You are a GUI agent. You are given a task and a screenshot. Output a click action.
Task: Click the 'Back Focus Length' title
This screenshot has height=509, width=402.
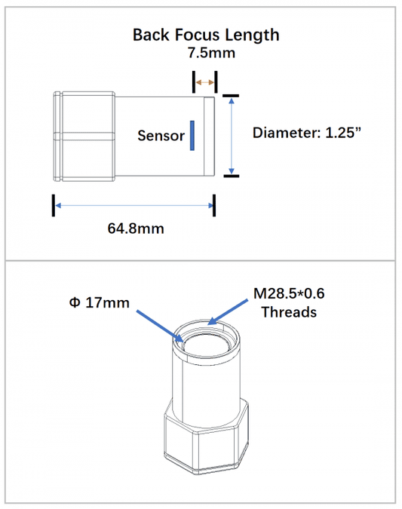pyautogui.click(x=206, y=34)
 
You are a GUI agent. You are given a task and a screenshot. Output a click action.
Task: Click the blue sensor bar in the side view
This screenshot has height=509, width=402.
pyautogui.click(x=192, y=136)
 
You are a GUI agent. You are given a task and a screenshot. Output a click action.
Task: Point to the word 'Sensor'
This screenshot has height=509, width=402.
pyautogui.click(x=161, y=136)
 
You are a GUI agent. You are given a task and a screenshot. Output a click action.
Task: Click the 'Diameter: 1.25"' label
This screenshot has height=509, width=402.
pyautogui.click(x=307, y=133)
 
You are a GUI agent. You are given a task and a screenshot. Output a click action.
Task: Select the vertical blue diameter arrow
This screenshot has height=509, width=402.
pyautogui.click(x=231, y=136)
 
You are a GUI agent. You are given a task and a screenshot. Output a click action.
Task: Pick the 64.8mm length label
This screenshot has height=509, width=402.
pyautogui.click(x=136, y=228)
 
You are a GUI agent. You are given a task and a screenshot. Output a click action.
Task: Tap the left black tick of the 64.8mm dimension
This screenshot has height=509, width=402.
pyautogui.click(x=54, y=204)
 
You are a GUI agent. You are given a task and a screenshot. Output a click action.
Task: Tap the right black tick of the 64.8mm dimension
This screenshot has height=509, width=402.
pyautogui.click(x=214, y=204)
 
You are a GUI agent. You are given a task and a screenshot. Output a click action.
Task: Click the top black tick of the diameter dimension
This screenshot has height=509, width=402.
pyautogui.click(x=231, y=95)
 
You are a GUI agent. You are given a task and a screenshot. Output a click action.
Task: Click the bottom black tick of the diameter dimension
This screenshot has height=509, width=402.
pyautogui.click(x=231, y=176)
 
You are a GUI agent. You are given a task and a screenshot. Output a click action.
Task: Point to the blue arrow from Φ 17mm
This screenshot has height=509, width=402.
pyautogui.click(x=159, y=325)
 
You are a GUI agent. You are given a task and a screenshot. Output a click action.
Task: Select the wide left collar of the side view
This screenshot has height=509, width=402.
pyautogui.click(x=84, y=136)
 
